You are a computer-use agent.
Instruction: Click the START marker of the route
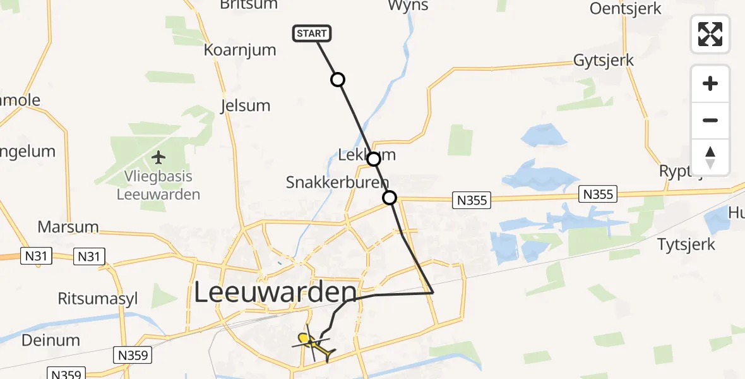click(312, 33)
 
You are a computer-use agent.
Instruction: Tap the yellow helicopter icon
click(314, 345)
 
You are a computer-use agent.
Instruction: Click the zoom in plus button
click(710, 83)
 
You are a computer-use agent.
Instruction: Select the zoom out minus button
click(710, 120)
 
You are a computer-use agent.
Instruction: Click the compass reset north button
click(710, 157)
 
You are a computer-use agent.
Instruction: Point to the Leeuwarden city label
click(275, 292)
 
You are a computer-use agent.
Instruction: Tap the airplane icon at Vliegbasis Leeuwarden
click(158, 156)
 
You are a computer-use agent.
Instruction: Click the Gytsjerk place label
click(603, 61)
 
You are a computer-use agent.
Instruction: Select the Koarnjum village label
click(240, 50)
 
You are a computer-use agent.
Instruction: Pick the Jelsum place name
click(245, 105)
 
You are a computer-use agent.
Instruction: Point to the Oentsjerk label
click(625, 8)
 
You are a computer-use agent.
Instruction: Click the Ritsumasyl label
click(97, 298)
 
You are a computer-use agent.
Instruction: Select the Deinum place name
click(51, 340)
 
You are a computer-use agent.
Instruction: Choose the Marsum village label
click(68, 227)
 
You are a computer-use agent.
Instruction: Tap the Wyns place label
click(407, 6)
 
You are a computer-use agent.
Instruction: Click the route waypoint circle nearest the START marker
click(338, 80)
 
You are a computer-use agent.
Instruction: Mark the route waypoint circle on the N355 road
click(390, 198)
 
